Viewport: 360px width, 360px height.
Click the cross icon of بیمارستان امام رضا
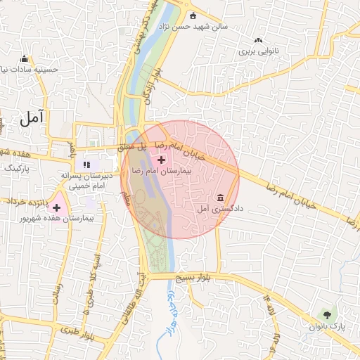pos(162,160)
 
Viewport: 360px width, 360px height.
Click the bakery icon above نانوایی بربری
pos(258,41)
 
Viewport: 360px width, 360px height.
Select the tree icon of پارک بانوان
pos(325,314)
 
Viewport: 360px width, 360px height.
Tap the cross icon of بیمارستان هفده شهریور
pos(56,207)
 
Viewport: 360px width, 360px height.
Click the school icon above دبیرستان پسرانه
pos(87,165)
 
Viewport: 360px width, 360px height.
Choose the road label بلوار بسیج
pos(198,278)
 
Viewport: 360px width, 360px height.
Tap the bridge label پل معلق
pos(130,147)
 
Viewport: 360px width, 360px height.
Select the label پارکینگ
pos(18,169)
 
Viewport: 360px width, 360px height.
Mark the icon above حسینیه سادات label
pos(25,58)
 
